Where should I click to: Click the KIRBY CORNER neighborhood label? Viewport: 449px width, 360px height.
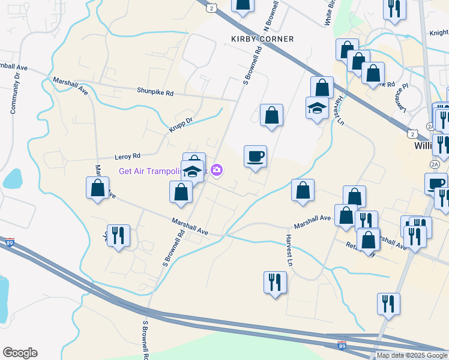263,39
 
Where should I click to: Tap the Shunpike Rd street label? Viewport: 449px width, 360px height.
155,93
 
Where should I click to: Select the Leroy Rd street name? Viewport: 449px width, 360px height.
127,156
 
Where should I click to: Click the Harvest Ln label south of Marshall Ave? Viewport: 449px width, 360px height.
289,250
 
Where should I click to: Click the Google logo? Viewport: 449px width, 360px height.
20,353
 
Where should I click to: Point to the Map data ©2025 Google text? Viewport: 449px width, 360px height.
412,355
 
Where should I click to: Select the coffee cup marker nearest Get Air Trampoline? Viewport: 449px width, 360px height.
256,157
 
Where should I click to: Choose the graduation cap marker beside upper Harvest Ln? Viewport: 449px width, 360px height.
317,109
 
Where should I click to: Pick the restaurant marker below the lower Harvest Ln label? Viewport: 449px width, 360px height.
276,283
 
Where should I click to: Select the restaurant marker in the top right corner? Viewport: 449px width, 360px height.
395,9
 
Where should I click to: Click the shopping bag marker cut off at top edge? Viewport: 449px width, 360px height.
243,5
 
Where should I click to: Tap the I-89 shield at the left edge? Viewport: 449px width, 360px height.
10,242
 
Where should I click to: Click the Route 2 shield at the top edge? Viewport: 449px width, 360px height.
212,7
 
